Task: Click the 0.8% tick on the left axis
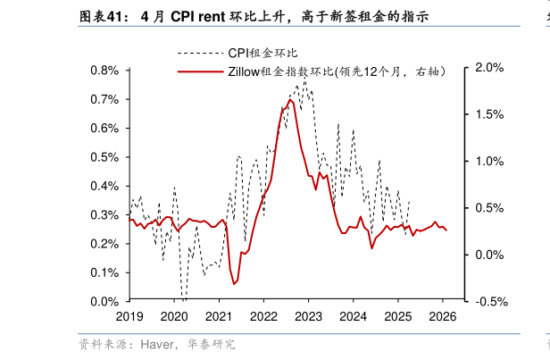pyautogui.click(x=106, y=70)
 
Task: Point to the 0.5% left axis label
pyautogui.click(x=106, y=156)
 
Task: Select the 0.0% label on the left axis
pyautogui.click(x=106, y=301)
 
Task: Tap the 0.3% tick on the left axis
pyautogui.click(x=106, y=214)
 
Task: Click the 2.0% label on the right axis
pyautogui.click(x=490, y=67)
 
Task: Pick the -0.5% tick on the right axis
pyautogui.click(x=489, y=301)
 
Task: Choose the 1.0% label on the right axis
pyautogui.click(x=490, y=161)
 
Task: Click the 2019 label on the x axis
pyautogui.click(x=129, y=316)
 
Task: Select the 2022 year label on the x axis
pyautogui.click(x=263, y=316)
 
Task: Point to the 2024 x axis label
pyautogui.click(x=353, y=316)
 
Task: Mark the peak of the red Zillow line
pyautogui.click(x=290, y=99)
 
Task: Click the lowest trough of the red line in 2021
pyautogui.click(x=234, y=284)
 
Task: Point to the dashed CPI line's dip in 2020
pyautogui.click(x=183, y=299)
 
